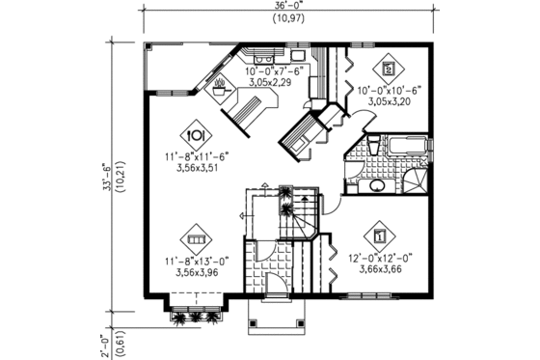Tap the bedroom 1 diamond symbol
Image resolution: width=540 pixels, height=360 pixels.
click(380, 235)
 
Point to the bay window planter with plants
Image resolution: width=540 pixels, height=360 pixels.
click(193, 318)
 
